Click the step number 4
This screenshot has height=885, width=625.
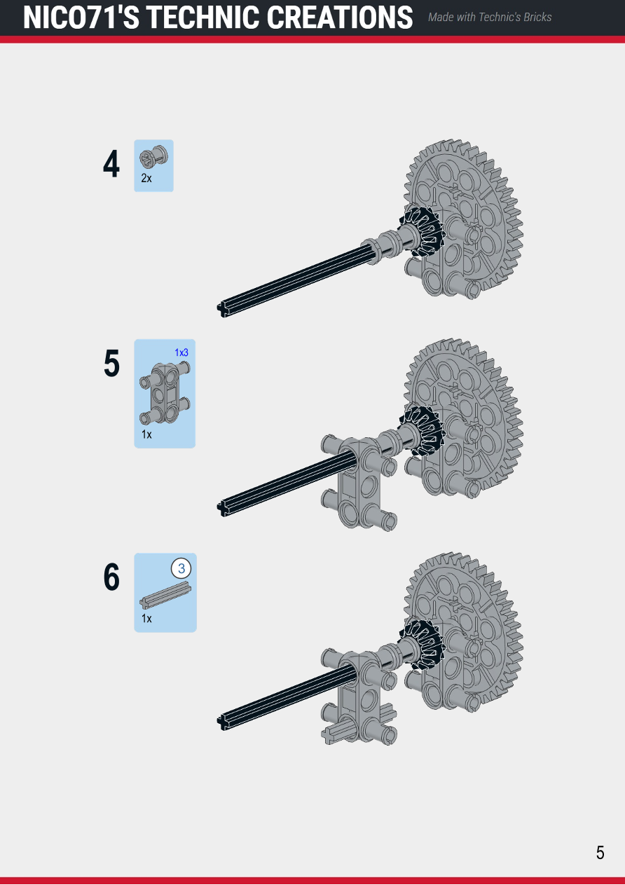[111, 164]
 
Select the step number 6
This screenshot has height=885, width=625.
[111, 577]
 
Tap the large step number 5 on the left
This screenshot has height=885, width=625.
[111, 364]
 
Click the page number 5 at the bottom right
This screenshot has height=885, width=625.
[600, 853]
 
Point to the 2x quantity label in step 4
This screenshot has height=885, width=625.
[146, 178]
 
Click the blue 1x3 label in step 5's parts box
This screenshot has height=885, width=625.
[181, 352]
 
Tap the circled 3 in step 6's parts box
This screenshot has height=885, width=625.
[181, 568]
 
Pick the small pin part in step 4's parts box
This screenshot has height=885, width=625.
[153, 158]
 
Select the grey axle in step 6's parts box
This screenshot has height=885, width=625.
[165, 595]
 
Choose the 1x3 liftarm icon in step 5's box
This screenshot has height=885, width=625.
[165, 394]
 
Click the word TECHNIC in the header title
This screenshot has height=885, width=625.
[204, 18]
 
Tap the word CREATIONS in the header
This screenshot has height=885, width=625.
[340, 18]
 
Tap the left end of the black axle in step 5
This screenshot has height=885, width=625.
[221, 509]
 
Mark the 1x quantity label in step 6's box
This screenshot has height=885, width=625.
[146, 618]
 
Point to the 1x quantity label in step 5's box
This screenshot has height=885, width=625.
[146, 434]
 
